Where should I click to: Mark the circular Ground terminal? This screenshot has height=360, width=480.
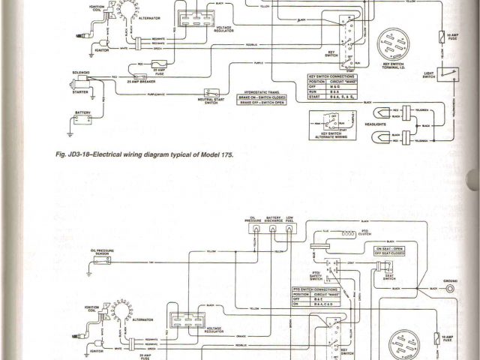[x=450, y=288]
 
